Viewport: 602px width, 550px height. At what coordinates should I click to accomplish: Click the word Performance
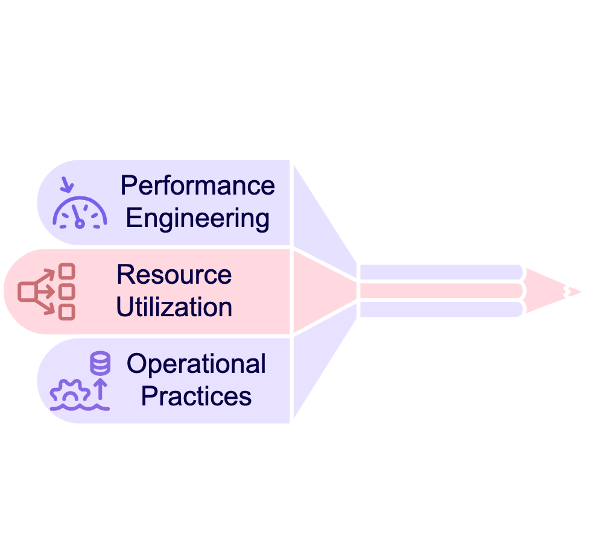tap(198, 186)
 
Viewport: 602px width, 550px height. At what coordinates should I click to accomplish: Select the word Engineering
tap(198, 218)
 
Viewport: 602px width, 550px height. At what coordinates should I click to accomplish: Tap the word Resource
tap(174, 275)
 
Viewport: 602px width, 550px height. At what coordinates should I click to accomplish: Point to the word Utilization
tap(174, 307)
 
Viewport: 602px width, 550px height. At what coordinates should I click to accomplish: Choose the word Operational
tap(196, 364)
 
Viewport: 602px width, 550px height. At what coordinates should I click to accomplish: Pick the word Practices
tap(196, 396)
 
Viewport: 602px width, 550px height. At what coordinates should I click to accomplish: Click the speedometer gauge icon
tap(80, 212)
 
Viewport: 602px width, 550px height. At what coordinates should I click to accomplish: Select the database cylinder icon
tap(100, 364)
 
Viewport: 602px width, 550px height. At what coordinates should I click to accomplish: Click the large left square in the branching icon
tap(27, 292)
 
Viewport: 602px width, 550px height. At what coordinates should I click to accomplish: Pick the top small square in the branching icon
tap(67, 272)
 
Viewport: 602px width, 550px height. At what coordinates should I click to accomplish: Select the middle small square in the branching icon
tap(67, 292)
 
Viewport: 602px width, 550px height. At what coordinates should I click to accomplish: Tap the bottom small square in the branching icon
tap(67, 311)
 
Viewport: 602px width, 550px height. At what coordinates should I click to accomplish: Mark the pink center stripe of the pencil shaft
tap(440, 291)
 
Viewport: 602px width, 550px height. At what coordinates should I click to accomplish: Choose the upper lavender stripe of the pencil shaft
tap(440, 272)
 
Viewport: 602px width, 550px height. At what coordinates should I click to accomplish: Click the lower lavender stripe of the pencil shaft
tap(440, 310)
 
